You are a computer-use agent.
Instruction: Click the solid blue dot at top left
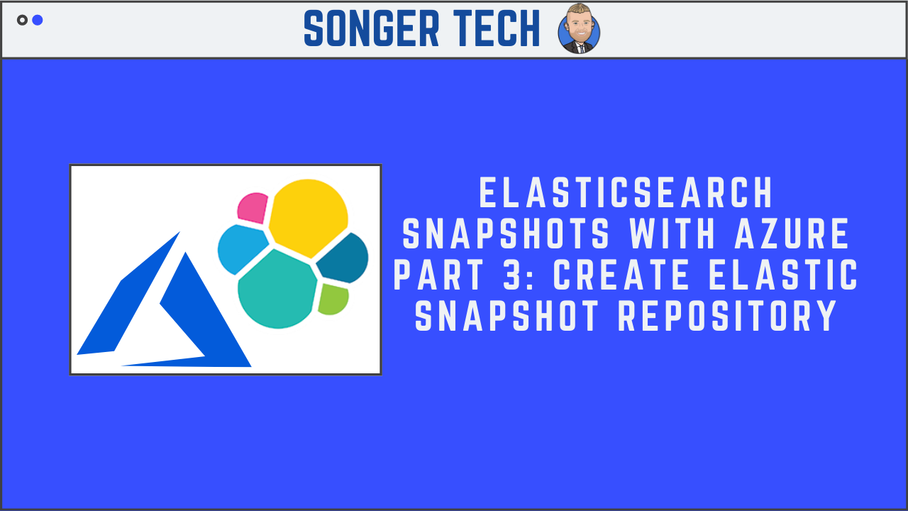(38, 20)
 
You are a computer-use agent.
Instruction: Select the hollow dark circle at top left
(22, 20)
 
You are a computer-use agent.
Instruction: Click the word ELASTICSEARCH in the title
(626, 193)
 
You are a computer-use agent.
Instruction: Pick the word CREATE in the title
(622, 276)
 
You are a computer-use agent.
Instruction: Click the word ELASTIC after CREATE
(783, 276)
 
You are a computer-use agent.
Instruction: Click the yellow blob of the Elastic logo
(309, 216)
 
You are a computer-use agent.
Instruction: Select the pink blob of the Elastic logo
(252, 207)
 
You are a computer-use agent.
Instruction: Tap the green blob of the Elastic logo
(333, 299)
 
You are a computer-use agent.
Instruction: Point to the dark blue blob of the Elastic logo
(344, 257)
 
